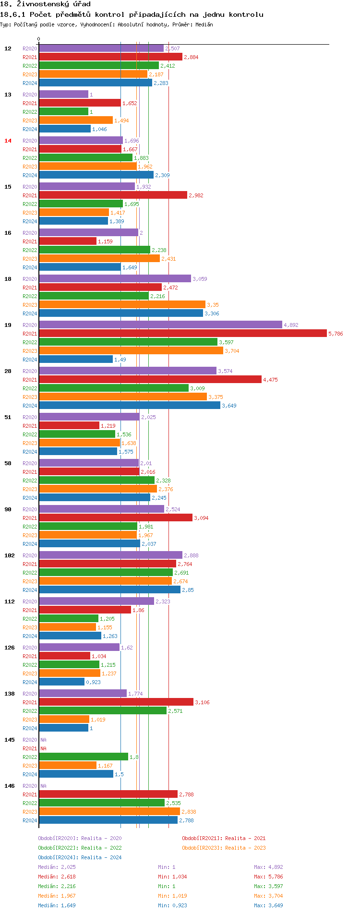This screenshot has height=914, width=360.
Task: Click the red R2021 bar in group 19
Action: point(182,333)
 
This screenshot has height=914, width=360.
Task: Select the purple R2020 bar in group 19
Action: point(160,325)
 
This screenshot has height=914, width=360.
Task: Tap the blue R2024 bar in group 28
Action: point(130,405)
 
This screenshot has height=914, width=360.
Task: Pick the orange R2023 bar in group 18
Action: point(122,304)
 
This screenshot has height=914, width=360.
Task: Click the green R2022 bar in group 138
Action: point(103,710)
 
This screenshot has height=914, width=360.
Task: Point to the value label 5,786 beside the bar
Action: point(336,334)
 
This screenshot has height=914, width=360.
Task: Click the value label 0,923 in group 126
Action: point(93,682)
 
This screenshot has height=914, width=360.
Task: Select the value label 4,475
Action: point(270,380)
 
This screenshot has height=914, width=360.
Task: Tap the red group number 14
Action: point(8,141)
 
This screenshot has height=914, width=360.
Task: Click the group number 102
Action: point(10,555)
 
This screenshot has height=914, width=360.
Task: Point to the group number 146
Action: point(10,786)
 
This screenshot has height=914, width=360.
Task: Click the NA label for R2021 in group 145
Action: point(43,748)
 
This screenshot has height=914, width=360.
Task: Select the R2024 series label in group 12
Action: point(30,83)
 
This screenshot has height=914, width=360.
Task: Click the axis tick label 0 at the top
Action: point(39,39)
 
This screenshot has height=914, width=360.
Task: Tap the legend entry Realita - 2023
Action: point(224,848)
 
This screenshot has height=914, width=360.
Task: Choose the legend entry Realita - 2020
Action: point(80,838)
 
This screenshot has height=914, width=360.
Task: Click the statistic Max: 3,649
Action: point(268,905)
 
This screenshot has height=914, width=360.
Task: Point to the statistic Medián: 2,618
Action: point(57,877)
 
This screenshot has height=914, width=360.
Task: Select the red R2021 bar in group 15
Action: point(113,195)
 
